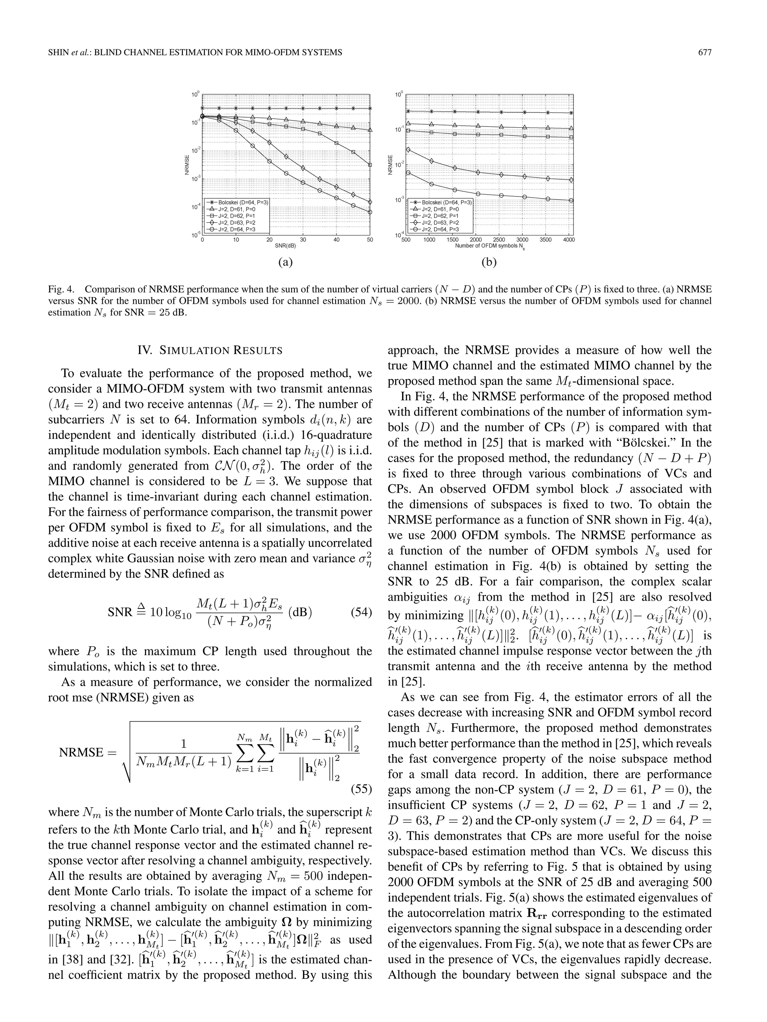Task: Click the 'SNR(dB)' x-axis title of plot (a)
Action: coord(285,246)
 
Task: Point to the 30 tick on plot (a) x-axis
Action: coord(303,240)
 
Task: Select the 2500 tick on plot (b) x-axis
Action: coord(499,240)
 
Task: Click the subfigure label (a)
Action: coord(285,262)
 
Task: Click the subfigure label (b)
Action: coord(489,262)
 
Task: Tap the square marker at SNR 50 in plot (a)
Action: coord(370,165)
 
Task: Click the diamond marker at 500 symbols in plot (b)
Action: coord(408,150)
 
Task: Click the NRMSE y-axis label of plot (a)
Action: coord(187,165)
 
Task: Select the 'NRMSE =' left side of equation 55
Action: coord(88,752)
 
